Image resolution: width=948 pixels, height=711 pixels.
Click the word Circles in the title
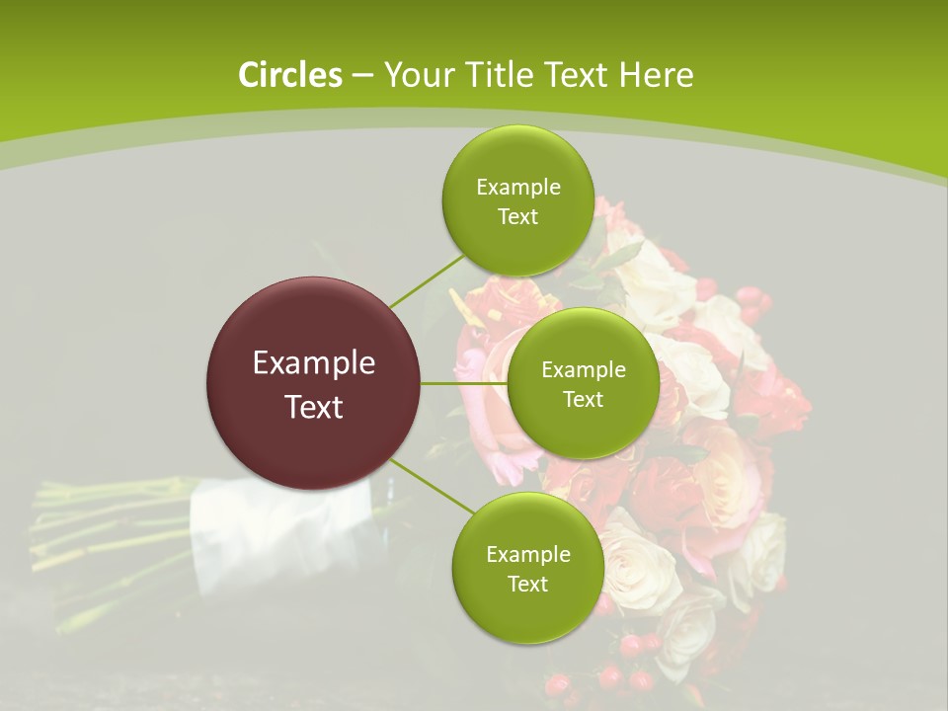point(289,75)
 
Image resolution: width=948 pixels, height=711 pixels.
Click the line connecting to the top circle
point(427,280)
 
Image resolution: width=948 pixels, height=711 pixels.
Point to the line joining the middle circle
point(464,383)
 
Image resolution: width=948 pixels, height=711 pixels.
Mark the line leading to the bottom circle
point(431,486)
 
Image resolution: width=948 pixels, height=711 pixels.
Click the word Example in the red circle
point(314,363)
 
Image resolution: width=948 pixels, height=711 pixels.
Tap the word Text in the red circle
point(314,407)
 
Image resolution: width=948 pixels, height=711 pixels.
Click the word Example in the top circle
point(517,188)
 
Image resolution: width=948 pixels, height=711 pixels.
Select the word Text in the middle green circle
point(583,399)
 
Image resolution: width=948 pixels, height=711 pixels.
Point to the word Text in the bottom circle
point(527,584)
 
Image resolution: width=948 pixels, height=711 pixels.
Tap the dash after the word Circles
point(361,75)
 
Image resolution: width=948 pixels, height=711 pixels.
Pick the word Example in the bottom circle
point(527,555)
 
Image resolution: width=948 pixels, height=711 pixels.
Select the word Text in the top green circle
point(517,217)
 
